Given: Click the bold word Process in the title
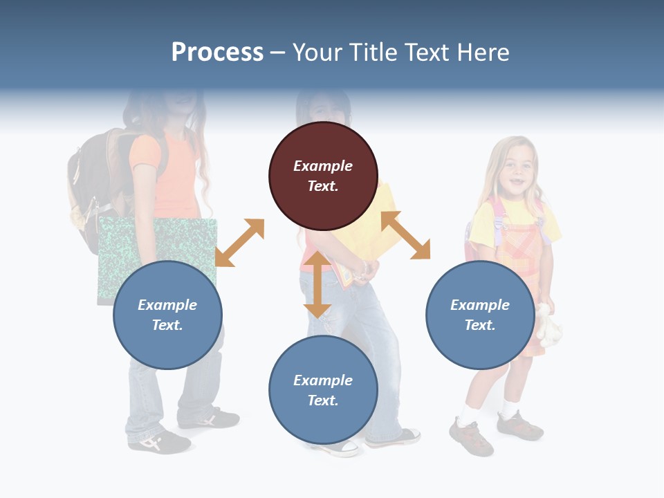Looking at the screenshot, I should (217, 53).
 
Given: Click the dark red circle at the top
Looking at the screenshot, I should (323, 176).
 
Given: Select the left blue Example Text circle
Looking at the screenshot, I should (167, 315).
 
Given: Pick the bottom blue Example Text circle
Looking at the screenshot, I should (323, 390).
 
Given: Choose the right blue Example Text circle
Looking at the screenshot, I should (479, 315).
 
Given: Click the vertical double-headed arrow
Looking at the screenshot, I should (317, 284).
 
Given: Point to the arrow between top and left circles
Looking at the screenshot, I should (239, 243).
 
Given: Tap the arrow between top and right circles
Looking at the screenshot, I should (405, 235).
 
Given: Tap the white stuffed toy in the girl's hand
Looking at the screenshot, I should (548, 325).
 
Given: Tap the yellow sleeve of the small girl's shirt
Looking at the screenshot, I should (482, 225).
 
